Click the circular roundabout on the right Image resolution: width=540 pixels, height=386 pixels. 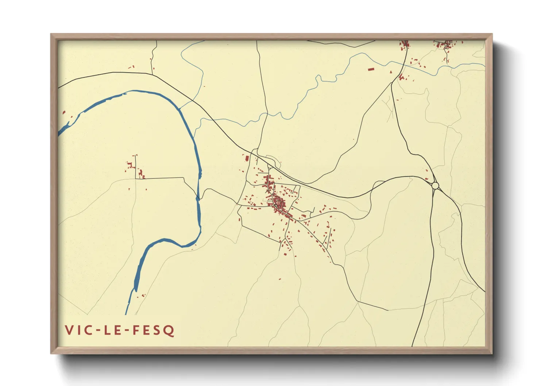click(435, 186)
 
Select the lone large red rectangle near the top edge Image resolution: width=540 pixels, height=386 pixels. click(371, 69)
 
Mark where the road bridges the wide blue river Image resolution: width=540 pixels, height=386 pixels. click(198, 198)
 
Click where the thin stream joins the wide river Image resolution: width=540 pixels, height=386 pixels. click(180, 109)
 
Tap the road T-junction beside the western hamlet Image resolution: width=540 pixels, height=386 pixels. click(136, 179)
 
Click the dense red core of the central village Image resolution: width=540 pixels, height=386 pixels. click(279, 203)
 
